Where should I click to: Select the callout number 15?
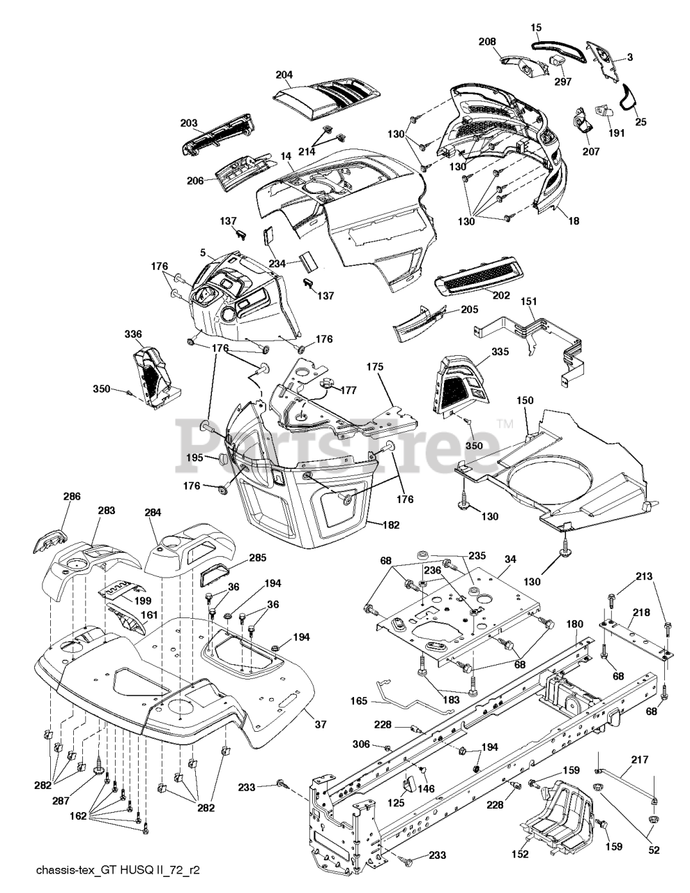tap(536, 27)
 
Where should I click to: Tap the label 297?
tap(562, 82)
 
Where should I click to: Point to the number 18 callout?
tap(574, 220)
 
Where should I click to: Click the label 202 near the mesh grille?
tap(501, 295)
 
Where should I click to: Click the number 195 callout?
tap(194, 458)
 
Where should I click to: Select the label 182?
tap(391, 525)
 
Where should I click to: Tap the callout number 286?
tap(72, 496)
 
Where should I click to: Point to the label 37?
tap(321, 723)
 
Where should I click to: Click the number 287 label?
tap(61, 800)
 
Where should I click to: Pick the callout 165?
tap(359, 700)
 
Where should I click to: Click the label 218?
tap(642, 613)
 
